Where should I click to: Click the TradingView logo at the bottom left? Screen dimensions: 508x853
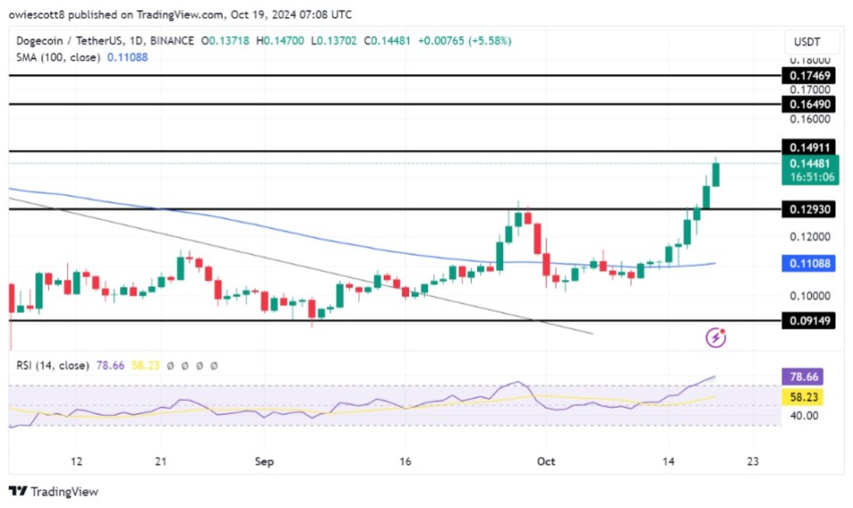[53, 491]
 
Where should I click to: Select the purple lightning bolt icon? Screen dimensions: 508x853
[717, 337]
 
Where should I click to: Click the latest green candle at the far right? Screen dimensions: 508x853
[716, 174]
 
